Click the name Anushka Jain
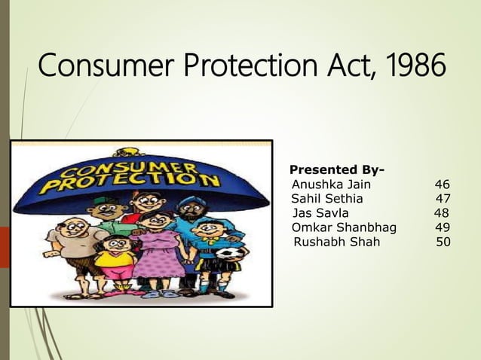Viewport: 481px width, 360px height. coord(331,184)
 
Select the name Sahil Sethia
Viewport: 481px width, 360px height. coord(327,199)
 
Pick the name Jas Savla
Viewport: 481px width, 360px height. coord(320,213)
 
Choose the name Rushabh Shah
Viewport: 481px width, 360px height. coord(337,242)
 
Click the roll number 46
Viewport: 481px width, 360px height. coord(443,184)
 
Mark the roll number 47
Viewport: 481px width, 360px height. coord(443,199)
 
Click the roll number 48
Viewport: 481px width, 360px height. coord(442,213)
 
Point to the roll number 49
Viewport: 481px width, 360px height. coord(443,227)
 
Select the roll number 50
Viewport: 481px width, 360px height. coord(444,242)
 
